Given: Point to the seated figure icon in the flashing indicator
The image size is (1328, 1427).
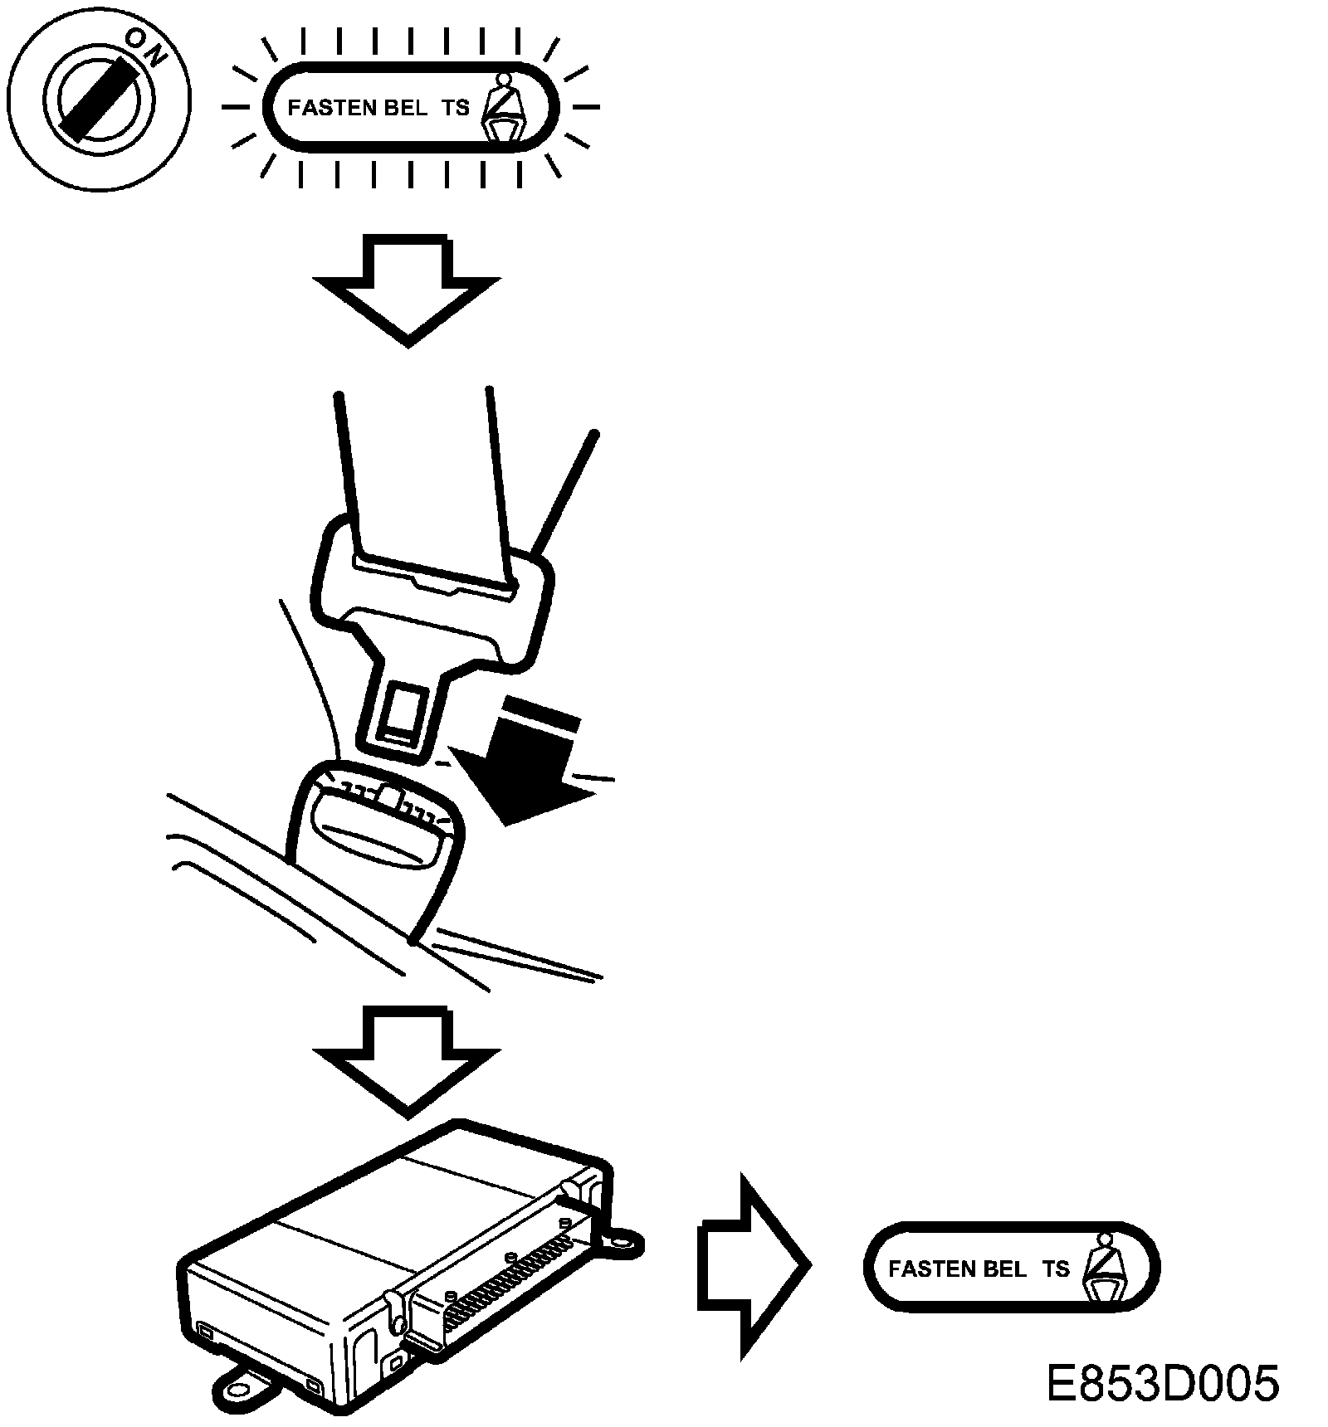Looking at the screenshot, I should (x=503, y=108).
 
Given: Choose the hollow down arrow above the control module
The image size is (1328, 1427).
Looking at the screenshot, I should (x=407, y=1058).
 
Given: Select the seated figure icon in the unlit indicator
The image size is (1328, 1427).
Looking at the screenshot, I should (x=1104, y=1269).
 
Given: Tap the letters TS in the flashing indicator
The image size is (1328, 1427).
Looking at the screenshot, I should (x=456, y=108).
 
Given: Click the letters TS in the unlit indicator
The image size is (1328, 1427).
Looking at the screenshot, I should (x=1057, y=1269).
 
